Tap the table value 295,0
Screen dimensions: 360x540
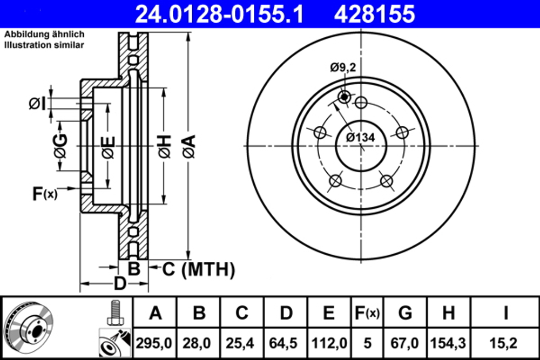(156, 342)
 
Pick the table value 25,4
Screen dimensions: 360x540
(242, 342)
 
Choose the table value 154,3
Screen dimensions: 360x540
(449, 342)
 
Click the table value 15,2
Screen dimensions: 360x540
(505, 342)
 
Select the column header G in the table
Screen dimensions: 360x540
(405, 313)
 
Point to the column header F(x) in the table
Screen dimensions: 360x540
(367, 313)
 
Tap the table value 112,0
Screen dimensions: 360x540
(329, 342)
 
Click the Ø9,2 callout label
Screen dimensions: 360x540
(344, 67)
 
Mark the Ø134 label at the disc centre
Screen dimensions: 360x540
(360, 137)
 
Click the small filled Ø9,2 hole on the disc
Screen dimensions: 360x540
(344, 97)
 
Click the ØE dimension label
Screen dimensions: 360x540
(109, 147)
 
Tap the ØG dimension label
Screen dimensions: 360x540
(60, 146)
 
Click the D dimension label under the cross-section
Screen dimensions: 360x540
(120, 283)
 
